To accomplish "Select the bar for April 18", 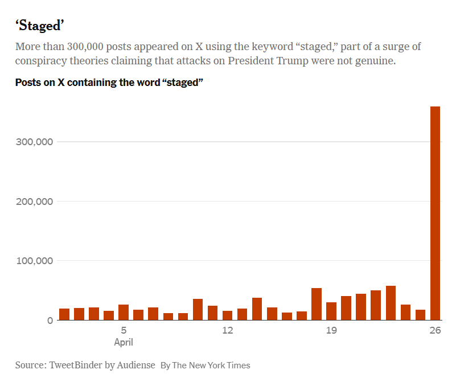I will (x=317, y=304).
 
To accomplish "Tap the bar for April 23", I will (x=391, y=303).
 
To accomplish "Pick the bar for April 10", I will (x=198, y=309).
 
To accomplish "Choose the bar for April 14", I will (x=257, y=309).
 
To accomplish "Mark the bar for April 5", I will (x=124, y=312).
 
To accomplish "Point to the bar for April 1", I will (x=64, y=314).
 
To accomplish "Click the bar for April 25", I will (x=420, y=315).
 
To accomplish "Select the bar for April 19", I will (x=331, y=311).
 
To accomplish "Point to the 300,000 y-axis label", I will (x=33, y=142).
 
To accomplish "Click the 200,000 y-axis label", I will (x=33, y=202).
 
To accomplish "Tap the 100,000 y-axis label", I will (x=33, y=261).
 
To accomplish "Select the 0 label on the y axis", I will (x=50, y=321).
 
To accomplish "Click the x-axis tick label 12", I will (x=227, y=331).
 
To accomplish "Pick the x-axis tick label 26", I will (x=435, y=331).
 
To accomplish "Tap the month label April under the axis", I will (x=124, y=342).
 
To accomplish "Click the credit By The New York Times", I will (x=205, y=365).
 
